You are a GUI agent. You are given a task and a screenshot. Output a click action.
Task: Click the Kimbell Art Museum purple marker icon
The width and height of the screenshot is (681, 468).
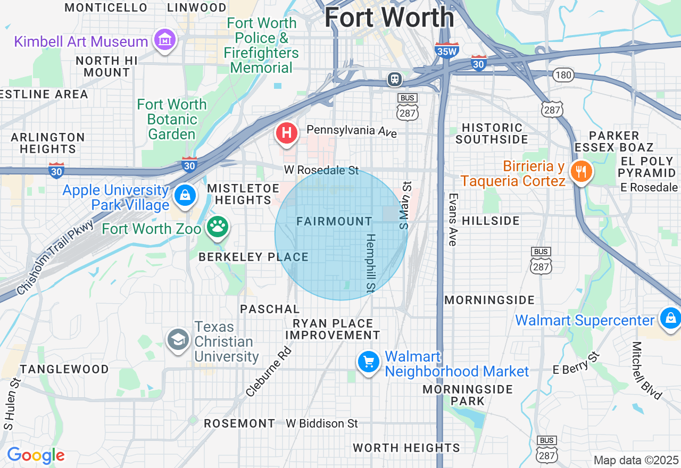[x=165, y=39]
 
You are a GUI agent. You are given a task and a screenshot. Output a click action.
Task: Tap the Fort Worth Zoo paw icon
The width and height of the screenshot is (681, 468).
[x=217, y=227]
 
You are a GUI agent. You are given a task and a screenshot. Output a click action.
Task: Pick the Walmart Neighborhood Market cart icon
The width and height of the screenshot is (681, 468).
[x=368, y=363]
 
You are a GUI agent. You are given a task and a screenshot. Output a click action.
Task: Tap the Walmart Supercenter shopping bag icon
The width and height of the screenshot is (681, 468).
[x=670, y=319]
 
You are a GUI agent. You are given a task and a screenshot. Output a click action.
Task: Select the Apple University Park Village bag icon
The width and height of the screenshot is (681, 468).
[x=184, y=195]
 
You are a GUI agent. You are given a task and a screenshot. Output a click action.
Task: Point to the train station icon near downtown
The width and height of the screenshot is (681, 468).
[x=395, y=79]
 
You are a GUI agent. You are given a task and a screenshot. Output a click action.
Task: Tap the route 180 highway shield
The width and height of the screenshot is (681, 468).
[x=563, y=75]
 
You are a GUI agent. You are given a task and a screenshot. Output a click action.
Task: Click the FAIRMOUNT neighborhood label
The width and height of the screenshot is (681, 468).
[x=334, y=221]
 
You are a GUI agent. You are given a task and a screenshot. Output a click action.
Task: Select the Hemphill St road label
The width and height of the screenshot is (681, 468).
[x=371, y=263]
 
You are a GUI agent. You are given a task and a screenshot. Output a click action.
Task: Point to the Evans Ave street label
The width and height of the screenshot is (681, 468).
[x=453, y=219]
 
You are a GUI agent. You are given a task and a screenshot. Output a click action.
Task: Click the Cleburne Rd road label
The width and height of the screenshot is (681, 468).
[x=269, y=372]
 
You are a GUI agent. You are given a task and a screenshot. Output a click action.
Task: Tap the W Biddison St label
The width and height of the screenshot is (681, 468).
[x=322, y=423]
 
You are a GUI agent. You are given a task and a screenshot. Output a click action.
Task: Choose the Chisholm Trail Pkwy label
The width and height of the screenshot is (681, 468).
[x=55, y=257]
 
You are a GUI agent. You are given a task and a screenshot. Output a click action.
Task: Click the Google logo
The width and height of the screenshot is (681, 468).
[x=36, y=456]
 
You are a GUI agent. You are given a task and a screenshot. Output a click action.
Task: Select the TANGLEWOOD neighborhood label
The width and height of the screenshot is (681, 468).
[x=64, y=369]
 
